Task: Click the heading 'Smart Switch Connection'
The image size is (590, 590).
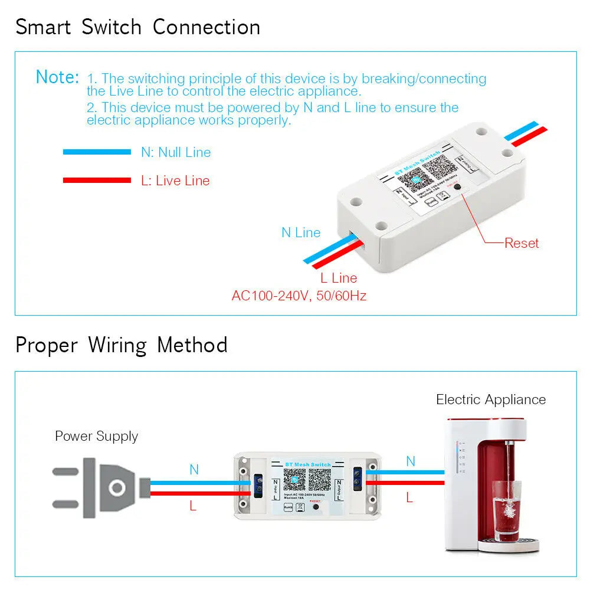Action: pyautogui.click(x=137, y=27)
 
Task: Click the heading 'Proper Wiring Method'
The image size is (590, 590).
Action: pyautogui.click(x=122, y=345)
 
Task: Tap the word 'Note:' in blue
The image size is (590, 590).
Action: pyautogui.click(x=57, y=77)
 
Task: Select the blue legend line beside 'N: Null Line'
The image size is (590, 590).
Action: pyautogui.click(x=97, y=152)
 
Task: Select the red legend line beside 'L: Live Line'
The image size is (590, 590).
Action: pyautogui.click(x=97, y=180)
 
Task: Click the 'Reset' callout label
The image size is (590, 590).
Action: pyautogui.click(x=522, y=242)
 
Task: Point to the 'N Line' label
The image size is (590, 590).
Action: pyautogui.click(x=301, y=232)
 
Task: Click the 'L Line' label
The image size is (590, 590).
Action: pyautogui.click(x=339, y=277)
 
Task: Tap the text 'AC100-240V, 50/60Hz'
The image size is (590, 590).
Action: pyautogui.click(x=299, y=295)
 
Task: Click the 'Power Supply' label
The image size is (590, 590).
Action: pyautogui.click(x=96, y=436)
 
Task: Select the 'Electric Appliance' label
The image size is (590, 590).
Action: pyautogui.click(x=491, y=399)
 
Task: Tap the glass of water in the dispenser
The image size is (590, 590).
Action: pyautogui.click(x=506, y=510)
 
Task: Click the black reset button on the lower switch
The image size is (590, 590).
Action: pyautogui.click(x=316, y=506)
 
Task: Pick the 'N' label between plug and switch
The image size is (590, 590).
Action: pyautogui.click(x=194, y=470)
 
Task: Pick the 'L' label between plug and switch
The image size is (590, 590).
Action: pyautogui.click(x=193, y=506)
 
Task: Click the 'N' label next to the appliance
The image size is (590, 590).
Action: pyautogui.click(x=411, y=461)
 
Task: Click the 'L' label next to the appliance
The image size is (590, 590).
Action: pyautogui.click(x=409, y=497)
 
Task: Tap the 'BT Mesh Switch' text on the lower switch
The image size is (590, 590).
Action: pyautogui.click(x=307, y=465)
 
